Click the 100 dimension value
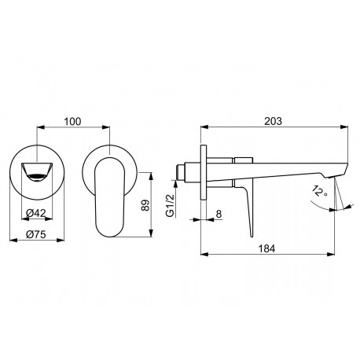72,122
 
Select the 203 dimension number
274,121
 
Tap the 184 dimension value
267,248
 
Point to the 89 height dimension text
145,205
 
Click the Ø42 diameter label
36,213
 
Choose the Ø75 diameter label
36,234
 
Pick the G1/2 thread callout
171,206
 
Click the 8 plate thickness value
219,214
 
